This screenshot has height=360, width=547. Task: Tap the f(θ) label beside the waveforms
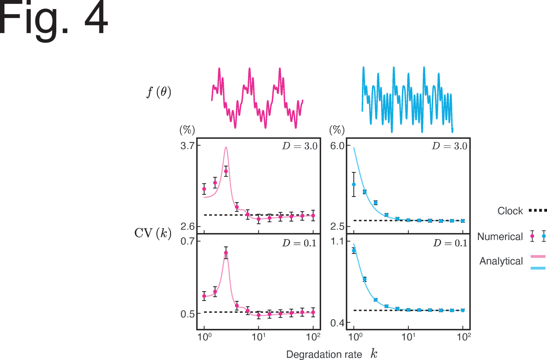159,92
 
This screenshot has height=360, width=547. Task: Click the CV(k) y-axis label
153,233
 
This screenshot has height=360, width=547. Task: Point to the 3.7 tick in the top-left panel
187,146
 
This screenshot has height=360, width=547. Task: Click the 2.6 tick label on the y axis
187,227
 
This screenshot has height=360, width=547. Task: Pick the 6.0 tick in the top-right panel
337,146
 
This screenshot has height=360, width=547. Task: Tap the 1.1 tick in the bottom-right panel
337,242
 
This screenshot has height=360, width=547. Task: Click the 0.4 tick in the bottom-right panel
337,323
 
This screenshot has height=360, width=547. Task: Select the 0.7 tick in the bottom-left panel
187,241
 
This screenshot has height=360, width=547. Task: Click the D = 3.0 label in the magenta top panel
299,146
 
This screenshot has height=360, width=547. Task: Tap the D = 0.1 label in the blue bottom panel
450,243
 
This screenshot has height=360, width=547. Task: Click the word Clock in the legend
510,211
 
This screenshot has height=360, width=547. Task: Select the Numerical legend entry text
500,237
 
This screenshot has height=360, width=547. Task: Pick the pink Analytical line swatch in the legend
538,256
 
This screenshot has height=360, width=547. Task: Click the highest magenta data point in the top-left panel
226,171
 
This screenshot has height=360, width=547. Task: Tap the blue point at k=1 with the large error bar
354,185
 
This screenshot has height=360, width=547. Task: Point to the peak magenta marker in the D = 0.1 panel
226,253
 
